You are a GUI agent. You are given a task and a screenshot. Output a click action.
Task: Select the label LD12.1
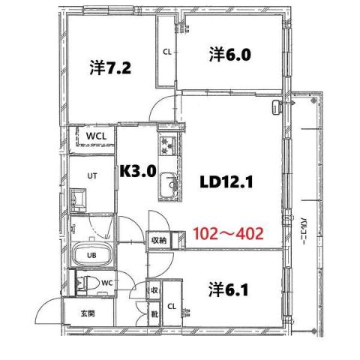point(230,181)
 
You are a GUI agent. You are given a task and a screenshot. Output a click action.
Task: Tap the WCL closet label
point(94,136)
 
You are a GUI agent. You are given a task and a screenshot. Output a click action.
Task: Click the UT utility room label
point(92,175)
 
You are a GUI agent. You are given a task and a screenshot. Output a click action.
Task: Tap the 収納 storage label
point(158,241)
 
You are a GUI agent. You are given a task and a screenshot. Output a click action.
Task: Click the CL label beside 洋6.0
point(166,52)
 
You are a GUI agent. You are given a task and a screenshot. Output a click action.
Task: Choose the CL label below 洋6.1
point(171,307)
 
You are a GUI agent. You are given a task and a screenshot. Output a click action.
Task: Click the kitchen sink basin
point(169,184)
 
